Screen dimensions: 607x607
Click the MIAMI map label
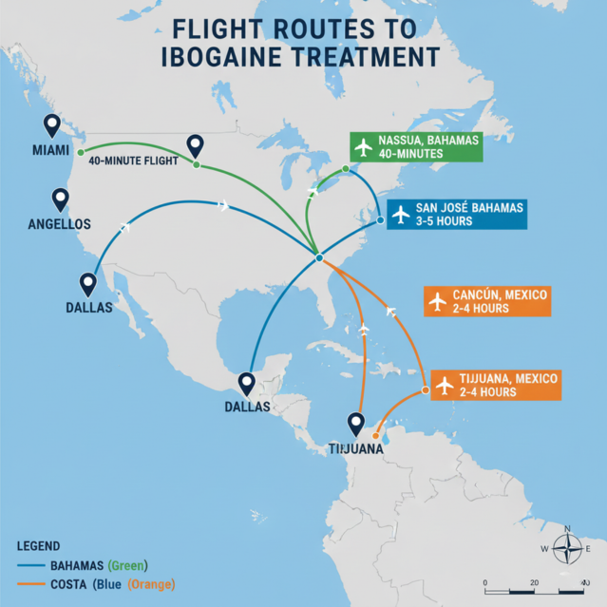[x=50, y=151]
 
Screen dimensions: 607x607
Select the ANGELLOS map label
[x=60, y=224]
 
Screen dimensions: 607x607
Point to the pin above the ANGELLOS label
[x=61, y=199]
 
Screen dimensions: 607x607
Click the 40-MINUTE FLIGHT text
[x=134, y=161]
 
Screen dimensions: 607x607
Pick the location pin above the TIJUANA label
[x=356, y=423]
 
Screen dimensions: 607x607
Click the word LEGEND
[x=39, y=546]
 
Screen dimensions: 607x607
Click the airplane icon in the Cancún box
[x=437, y=301]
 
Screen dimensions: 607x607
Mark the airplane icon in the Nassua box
[x=362, y=146]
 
